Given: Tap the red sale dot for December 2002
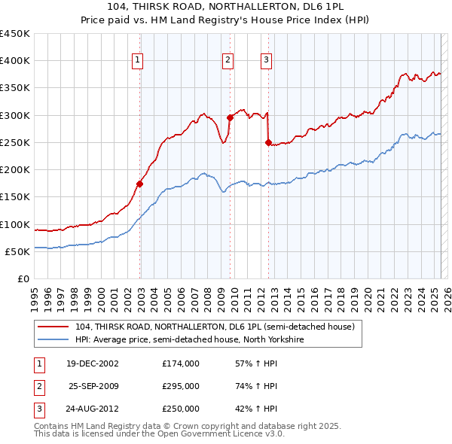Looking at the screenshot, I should point(140,183).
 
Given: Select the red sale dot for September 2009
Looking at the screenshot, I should point(230,117).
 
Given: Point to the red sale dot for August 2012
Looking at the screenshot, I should point(268,142).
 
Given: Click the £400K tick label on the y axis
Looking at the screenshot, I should point(16,61).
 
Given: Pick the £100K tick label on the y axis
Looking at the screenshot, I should point(16,224).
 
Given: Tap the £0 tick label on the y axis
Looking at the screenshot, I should point(23,278).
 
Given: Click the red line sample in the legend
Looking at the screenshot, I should point(53,327).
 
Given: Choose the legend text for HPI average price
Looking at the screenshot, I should point(189,339).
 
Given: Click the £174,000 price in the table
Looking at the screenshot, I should point(180,363).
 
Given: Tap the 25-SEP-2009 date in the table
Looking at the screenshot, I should point(94,386).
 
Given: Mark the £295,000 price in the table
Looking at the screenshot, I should point(180,386).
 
